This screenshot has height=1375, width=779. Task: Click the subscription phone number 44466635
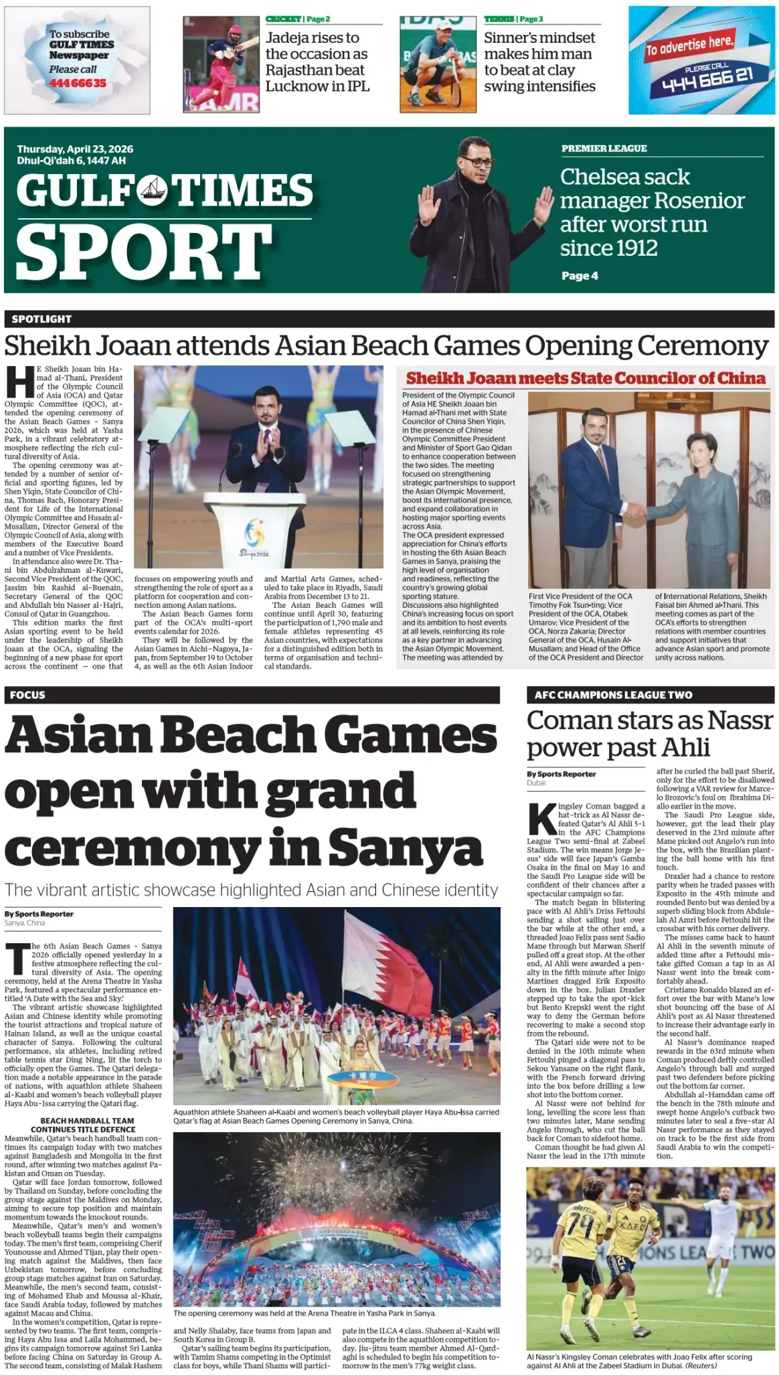click(77, 83)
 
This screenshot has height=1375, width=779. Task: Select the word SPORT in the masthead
click(143, 251)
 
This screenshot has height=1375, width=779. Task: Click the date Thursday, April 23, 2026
click(75, 149)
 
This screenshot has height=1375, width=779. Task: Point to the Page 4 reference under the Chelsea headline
click(580, 276)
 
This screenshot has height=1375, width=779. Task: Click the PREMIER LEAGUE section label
click(604, 149)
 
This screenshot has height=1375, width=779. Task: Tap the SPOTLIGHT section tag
click(41, 319)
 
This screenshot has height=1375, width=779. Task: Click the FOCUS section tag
click(28, 695)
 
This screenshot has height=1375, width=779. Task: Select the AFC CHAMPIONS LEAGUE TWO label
click(613, 695)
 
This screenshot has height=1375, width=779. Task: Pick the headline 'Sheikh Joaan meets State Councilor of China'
click(586, 378)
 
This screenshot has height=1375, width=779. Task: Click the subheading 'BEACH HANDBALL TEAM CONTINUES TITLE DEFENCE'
click(87, 1125)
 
